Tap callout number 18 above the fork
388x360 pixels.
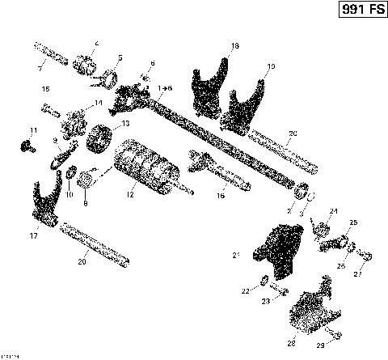coord(235,47)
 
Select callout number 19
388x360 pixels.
coord(270,66)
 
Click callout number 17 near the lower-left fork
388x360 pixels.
coord(33,236)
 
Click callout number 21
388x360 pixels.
coord(237,256)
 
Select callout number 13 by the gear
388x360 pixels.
coord(125,125)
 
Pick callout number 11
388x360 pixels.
coord(33,130)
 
